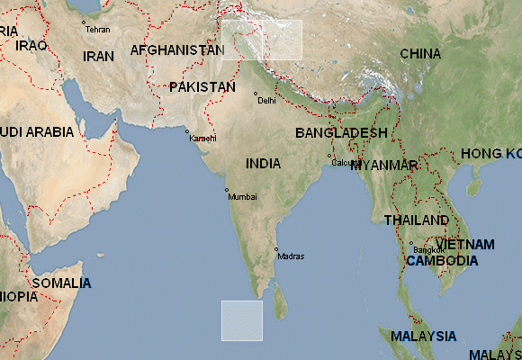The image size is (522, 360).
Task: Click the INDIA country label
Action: (x=263, y=164)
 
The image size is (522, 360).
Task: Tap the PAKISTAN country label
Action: (x=202, y=87)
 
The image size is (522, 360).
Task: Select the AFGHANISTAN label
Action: (x=176, y=50)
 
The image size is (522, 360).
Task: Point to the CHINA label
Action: (x=420, y=54)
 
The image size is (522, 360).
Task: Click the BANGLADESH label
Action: (x=341, y=132)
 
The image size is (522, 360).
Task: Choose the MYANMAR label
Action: (x=384, y=166)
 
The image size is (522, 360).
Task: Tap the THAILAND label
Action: (x=416, y=220)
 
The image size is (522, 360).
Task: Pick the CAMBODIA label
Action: (x=441, y=261)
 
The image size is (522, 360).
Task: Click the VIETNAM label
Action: (x=466, y=244)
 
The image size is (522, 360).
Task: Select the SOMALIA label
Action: (x=61, y=283)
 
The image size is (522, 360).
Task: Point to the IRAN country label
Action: (x=98, y=56)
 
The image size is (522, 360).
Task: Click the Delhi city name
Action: (x=266, y=101)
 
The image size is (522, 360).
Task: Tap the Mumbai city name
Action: (x=242, y=196)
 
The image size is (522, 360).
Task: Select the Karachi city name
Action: (x=202, y=138)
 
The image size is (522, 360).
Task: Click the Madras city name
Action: (x=291, y=256)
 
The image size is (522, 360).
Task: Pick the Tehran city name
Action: (x=97, y=30)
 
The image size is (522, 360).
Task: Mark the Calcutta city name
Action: (x=346, y=163)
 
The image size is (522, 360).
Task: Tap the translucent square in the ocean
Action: (x=242, y=320)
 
